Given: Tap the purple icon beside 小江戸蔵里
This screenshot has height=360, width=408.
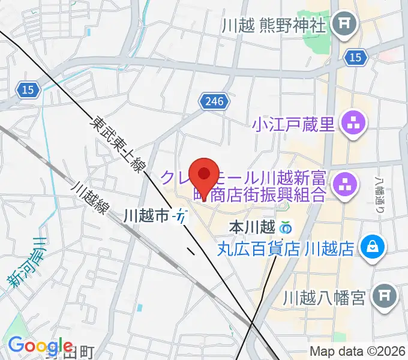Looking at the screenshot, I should point(350,124).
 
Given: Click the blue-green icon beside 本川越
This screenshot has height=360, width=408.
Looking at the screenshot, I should point(286,228).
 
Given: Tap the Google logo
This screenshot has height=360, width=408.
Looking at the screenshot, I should point(40,345).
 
